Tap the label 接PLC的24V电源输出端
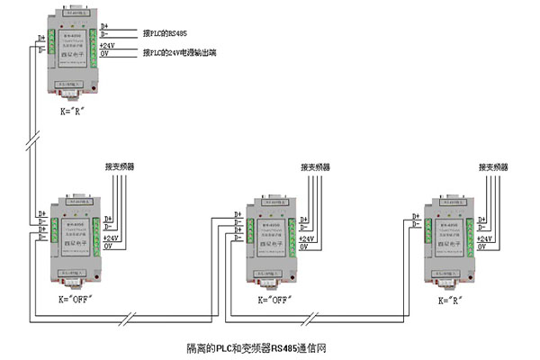tap(184, 54)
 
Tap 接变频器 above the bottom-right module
tap(492, 166)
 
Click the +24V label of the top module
tap(107, 45)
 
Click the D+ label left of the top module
tap(41, 39)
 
